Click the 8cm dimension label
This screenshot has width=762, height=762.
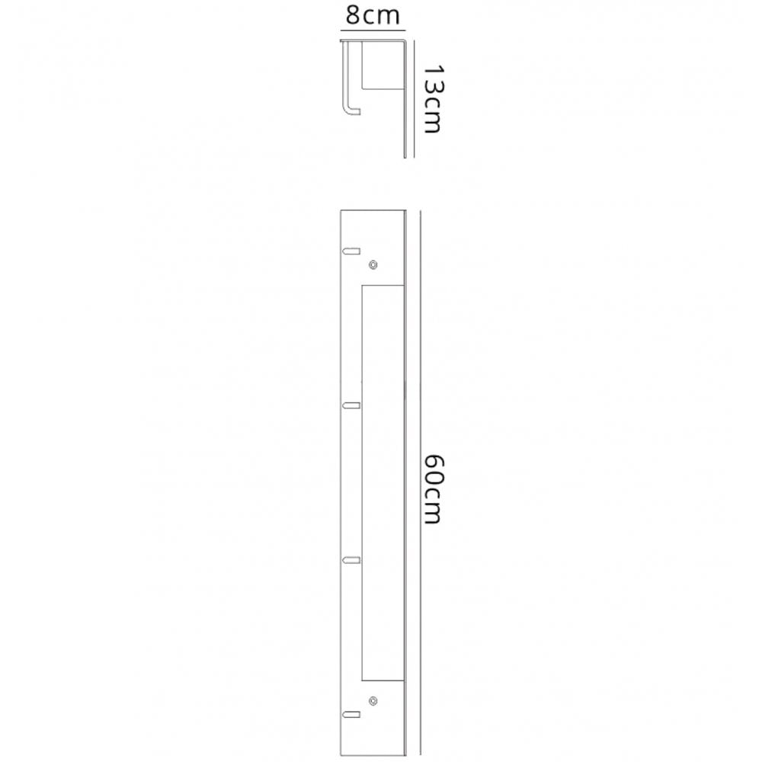[x=373, y=15]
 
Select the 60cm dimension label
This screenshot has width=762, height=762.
[x=433, y=489]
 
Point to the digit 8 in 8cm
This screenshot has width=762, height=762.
[x=353, y=15]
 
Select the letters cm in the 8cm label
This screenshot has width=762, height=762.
[x=382, y=18]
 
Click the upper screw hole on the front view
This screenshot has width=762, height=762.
[x=373, y=264]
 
